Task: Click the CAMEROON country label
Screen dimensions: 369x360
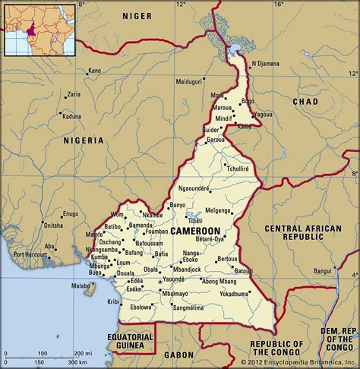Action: click(196, 229)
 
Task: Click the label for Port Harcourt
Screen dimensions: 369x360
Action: click(30, 254)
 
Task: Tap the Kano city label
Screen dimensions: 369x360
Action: click(94, 71)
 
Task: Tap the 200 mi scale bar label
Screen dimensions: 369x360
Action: click(77, 354)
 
